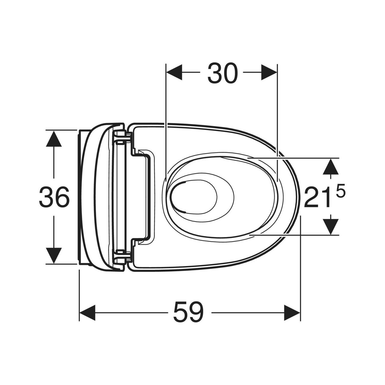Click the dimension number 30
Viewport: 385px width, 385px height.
(x=223, y=73)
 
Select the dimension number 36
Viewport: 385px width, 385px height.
(x=54, y=197)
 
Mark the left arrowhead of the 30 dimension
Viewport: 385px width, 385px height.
(x=174, y=72)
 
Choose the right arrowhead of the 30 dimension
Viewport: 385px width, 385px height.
(x=269, y=72)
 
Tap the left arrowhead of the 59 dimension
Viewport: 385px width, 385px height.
(x=87, y=313)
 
